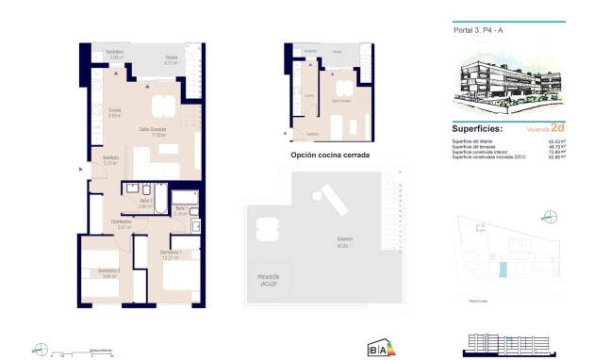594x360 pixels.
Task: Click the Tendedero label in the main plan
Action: [114, 51]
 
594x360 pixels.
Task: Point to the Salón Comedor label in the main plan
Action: [153, 129]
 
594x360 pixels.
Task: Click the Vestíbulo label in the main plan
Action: [110, 158]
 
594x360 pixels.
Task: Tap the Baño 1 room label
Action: [179, 209]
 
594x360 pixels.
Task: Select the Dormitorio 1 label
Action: [171, 254]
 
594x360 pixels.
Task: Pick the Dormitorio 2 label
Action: [109, 271]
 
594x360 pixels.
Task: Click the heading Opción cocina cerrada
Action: [330, 155]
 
